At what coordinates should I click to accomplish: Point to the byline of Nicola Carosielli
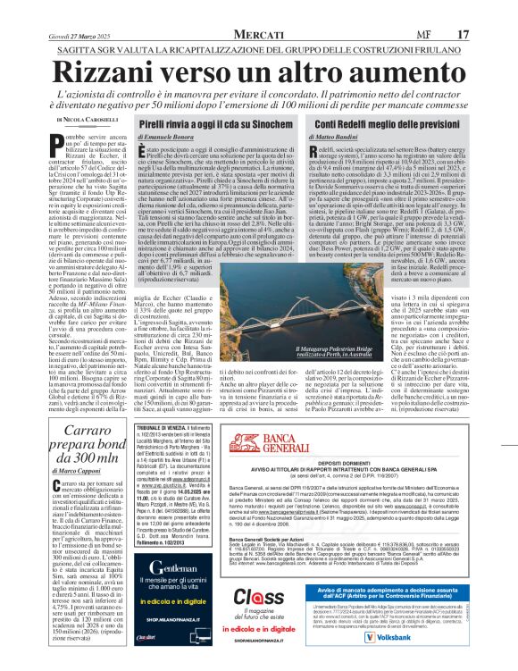(x=88, y=119)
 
